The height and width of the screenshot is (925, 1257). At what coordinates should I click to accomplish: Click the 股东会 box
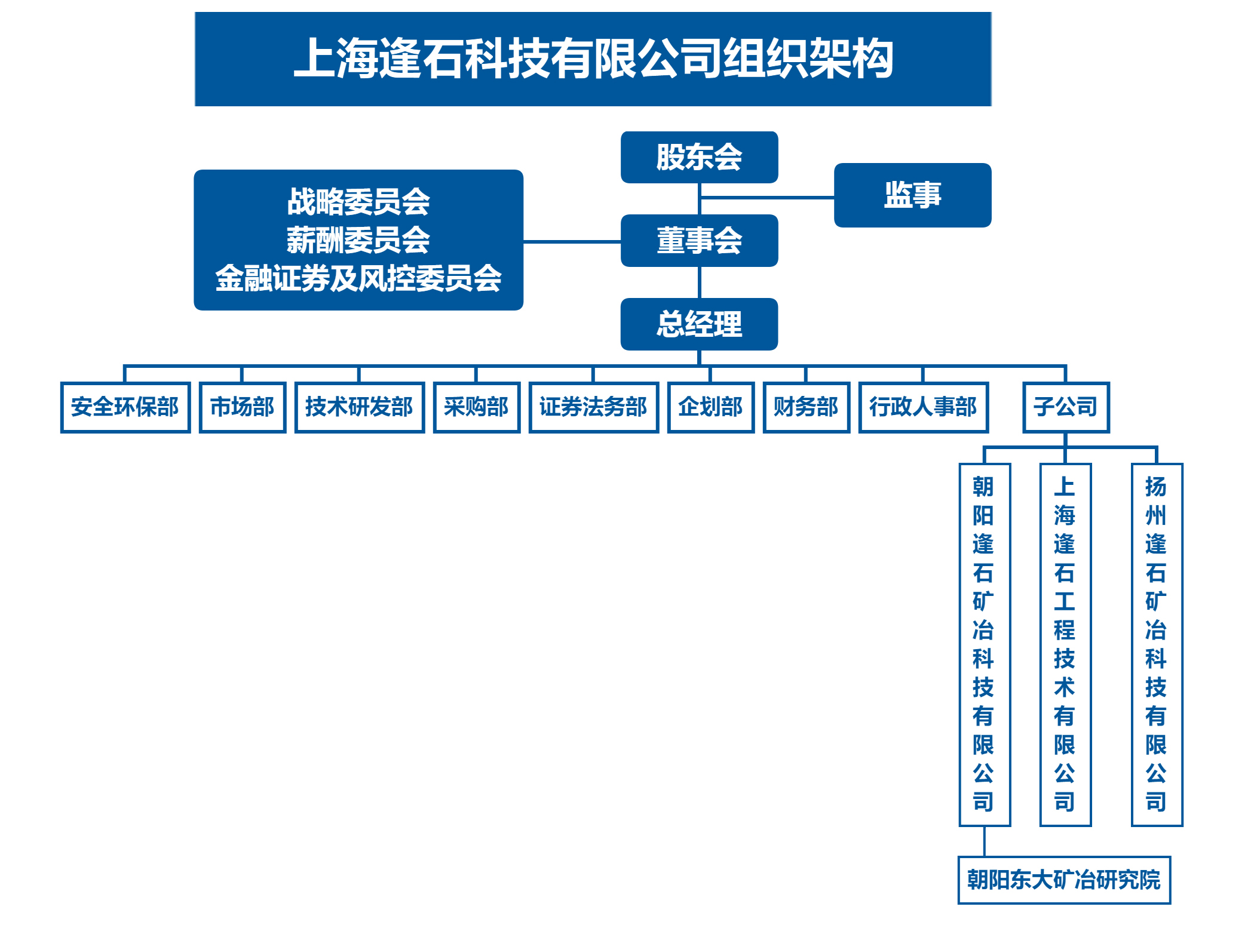pos(699,157)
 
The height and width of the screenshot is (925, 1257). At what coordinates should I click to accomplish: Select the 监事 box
pos(912,195)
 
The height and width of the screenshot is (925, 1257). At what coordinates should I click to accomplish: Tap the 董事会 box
pos(699,241)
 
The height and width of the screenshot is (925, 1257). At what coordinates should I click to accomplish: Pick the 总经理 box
pos(699,324)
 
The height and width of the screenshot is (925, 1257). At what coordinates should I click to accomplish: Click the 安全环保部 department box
pos(125,407)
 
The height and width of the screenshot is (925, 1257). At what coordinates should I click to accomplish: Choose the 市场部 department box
pos(242,407)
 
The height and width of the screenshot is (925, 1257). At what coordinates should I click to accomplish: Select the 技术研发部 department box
pos(359,407)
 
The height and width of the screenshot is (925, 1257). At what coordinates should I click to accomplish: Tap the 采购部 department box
pos(476,407)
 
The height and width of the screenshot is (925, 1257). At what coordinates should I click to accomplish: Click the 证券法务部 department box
pos(593,407)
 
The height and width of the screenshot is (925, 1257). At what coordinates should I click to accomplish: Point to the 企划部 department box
pos(710,407)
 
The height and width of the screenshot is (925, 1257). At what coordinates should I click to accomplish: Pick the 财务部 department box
pos(806,407)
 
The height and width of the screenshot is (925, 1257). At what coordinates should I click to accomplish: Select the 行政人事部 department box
pos(923,407)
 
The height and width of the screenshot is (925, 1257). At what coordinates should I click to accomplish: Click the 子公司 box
pos(1066,407)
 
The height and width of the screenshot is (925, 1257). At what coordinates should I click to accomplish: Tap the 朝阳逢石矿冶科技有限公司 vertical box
pos(984,644)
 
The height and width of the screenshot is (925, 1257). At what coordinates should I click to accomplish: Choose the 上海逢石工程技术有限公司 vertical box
pos(1065,644)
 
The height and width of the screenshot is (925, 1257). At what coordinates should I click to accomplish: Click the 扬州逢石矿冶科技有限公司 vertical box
pos(1157,644)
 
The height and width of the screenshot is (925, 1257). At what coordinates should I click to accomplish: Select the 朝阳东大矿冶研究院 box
pos(1064,880)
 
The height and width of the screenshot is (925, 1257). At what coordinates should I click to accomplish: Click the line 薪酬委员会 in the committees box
pos(358,240)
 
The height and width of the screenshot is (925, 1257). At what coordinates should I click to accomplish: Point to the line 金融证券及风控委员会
pos(358,278)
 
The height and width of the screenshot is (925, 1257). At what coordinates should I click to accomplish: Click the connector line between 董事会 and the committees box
pos(572,242)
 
